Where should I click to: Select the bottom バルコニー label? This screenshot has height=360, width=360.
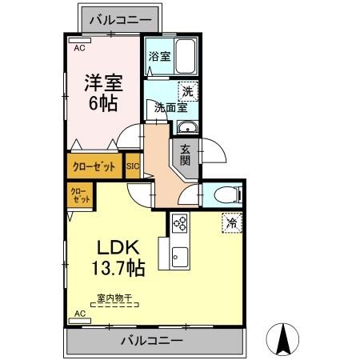(152, 341)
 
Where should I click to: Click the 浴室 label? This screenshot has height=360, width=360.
(159, 56)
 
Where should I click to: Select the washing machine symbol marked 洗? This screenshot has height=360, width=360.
(189, 91)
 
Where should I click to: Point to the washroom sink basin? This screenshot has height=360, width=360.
(188, 129)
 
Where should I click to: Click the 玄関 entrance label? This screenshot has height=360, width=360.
(185, 153)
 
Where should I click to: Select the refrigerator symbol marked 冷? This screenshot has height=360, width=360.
(231, 223)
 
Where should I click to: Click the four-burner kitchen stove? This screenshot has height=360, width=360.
(179, 225)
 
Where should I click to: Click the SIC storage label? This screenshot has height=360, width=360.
(132, 167)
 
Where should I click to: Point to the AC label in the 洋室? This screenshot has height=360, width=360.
(78, 47)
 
